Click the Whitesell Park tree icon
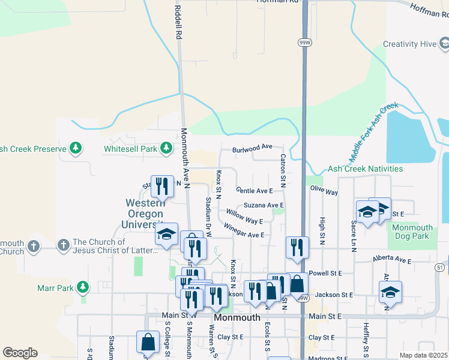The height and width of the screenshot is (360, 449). coord(166,148)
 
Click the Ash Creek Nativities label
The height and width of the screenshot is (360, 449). coord(366,169)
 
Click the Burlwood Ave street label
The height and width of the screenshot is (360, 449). coord(253,146)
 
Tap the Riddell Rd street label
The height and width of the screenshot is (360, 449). coord(178,23)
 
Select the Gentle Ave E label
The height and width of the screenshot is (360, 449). coord(255,190)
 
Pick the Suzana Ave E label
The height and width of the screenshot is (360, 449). coord(263,205)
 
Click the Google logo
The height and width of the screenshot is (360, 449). coord(20,353)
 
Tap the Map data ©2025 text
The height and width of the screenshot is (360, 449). coord(423,355)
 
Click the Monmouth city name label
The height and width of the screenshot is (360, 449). coord(237,317)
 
